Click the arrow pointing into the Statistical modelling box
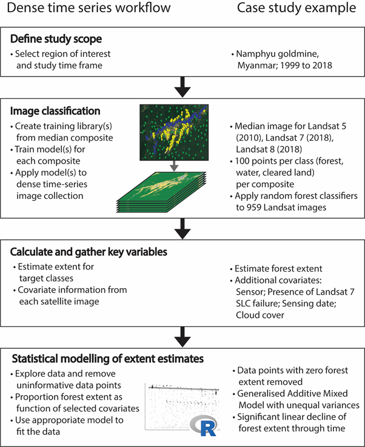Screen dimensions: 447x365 coord(182,334)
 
